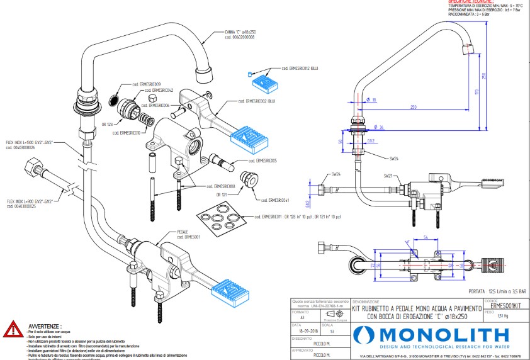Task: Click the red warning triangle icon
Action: click(13, 330)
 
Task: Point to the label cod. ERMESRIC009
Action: click(146, 84)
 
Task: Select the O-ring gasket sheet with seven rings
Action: click(220, 218)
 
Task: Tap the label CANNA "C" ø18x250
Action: click(239, 34)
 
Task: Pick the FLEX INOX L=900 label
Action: click(30, 203)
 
